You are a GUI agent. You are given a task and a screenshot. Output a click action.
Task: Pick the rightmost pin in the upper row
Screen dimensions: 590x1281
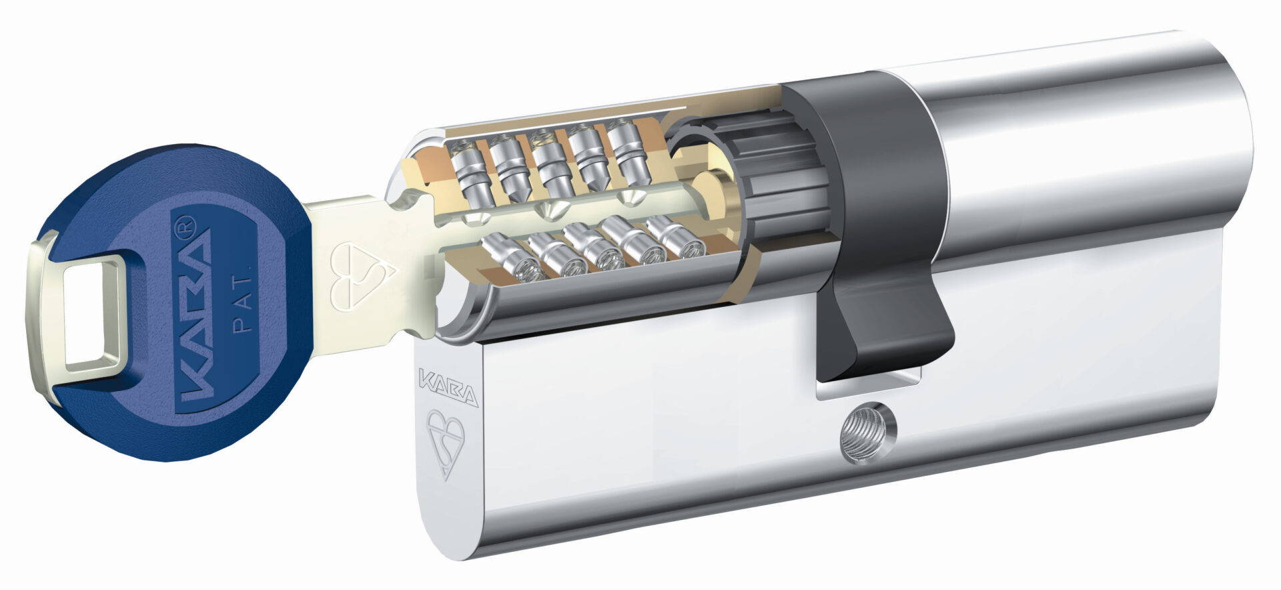(x=624, y=150)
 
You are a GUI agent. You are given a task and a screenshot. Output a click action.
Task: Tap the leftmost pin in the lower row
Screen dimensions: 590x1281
(x=507, y=258)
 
